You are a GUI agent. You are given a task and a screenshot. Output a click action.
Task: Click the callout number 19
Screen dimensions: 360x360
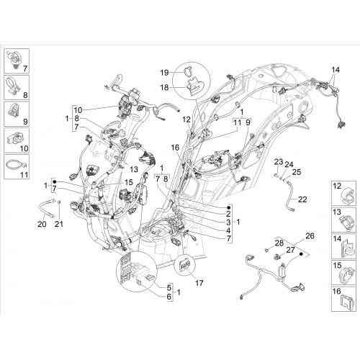click(165, 73)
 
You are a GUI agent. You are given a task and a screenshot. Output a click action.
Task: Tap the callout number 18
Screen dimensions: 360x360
click(165, 88)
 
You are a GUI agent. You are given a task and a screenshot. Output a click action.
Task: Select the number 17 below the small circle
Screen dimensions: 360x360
click(199, 283)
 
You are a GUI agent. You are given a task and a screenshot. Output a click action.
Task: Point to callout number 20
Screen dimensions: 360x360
click(42, 224)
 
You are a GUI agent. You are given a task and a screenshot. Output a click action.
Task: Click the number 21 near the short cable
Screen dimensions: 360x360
click(59, 224)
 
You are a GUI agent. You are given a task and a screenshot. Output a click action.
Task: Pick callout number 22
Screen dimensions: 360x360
click(302, 199)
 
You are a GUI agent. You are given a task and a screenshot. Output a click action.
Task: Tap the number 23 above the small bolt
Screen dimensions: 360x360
click(279, 162)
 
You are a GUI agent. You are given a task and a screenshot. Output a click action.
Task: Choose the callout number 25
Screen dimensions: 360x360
click(297, 172)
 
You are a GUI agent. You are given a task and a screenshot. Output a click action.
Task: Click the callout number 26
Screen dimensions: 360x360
click(310, 236)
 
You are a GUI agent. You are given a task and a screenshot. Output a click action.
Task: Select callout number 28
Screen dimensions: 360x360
click(279, 243)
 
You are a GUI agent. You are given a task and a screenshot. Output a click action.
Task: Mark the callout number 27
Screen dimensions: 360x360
click(290, 250)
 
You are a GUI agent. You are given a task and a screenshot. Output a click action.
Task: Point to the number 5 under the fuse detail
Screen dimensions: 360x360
click(169, 287)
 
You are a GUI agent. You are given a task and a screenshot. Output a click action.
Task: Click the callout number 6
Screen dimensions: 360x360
click(169, 297)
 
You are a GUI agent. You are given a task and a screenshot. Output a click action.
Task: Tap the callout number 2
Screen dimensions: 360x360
click(228, 214)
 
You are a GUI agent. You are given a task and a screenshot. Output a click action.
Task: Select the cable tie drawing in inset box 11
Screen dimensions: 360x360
click(15, 165)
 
